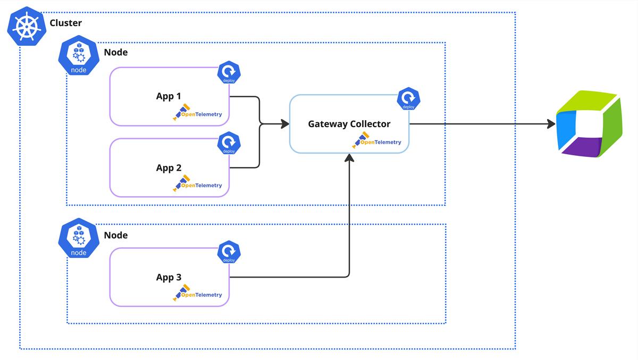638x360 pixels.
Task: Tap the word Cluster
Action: click(65, 23)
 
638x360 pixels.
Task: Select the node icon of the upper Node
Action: click(79, 56)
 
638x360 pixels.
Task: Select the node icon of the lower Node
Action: click(79, 239)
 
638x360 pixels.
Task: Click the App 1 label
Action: click(169, 96)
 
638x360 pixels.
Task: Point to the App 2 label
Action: click(169, 168)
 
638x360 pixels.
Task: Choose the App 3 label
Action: click(169, 277)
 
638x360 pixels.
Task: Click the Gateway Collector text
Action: click(349, 124)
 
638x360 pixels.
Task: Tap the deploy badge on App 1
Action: click(229, 72)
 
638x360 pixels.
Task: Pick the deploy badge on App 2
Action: click(229, 143)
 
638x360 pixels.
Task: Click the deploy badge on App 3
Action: click(229, 252)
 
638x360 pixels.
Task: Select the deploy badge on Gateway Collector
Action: click(408, 99)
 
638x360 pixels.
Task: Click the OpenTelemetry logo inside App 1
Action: click(198, 114)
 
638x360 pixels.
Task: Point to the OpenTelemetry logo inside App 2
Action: click(198, 185)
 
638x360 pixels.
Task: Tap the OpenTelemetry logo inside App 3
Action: click(198, 294)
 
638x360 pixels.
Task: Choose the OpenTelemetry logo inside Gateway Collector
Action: click(377, 141)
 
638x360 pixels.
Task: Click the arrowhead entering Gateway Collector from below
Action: click(349, 158)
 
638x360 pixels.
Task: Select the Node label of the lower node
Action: click(115, 235)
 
